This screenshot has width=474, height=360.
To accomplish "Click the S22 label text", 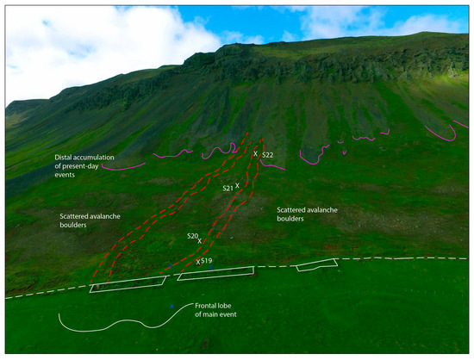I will coord(268,155).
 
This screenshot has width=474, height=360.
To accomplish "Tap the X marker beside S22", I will coord(255,154).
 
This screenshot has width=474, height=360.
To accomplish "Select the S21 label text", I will coord(228,188).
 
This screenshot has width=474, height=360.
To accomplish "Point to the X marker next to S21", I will coord(238,185).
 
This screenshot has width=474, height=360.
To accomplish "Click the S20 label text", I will coord(193,235).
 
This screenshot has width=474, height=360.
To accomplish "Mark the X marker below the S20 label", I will coord(199,242).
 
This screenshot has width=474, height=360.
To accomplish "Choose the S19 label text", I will coord(207,260).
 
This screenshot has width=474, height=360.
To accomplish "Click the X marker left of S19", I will coord(198,261).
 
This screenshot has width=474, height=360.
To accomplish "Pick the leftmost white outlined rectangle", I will coord(128,284).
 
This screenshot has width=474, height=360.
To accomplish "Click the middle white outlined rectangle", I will coord(215,273).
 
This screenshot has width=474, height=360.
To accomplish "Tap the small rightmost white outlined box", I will coord(316,264).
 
